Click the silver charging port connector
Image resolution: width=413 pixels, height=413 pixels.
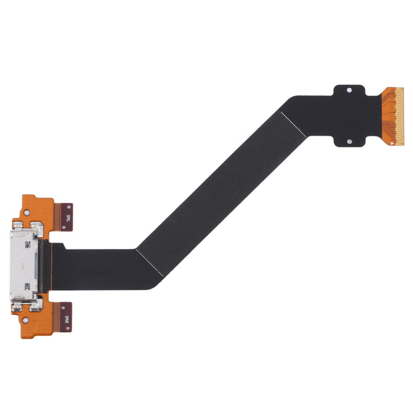coord(27,266)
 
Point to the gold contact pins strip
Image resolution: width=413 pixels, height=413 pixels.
coord(399,116)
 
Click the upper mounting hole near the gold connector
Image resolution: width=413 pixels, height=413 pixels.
coord(349,90)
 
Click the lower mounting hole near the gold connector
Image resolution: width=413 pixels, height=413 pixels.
coord(349,142)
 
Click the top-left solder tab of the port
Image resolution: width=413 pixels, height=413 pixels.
coord(18,226)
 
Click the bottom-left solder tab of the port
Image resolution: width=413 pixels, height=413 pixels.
coord(18,306)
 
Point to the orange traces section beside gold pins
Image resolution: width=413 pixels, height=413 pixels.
coord(388,116)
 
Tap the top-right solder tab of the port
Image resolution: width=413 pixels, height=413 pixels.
coord(37,227)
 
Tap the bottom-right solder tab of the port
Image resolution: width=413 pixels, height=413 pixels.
coord(37,305)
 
